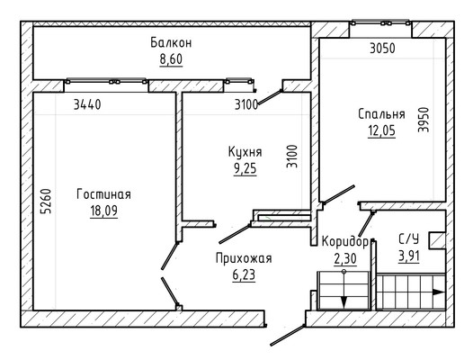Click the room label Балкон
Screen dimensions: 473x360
(171, 43)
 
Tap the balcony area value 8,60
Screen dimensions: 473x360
(171, 59)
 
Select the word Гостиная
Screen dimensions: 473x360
(103, 194)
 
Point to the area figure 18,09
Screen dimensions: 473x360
(103, 211)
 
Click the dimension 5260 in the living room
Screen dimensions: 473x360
(46, 201)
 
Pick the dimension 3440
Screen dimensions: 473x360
(87, 104)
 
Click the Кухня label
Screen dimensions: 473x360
(245, 152)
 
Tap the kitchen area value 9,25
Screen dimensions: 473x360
(245, 168)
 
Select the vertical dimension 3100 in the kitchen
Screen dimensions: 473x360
(292, 157)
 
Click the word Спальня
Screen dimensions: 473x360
(381, 114)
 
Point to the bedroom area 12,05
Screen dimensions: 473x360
(381, 130)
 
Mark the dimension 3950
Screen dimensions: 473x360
(424, 120)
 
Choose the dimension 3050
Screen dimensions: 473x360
(382, 49)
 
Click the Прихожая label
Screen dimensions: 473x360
(244, 258)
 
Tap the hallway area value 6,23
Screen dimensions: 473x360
(244, 274)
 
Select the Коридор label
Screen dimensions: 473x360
(345, 241)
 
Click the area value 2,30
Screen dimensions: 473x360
(345, 259)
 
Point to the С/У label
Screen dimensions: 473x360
(409, 239)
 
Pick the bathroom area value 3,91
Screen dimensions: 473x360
(409, 256)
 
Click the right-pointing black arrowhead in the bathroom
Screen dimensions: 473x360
(439, 292)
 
